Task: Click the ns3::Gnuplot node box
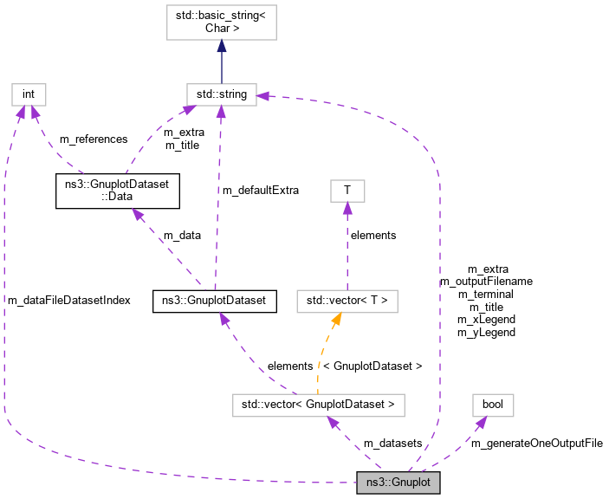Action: (398, 482)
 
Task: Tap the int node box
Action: (28, 94)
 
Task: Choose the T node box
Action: (347, 190)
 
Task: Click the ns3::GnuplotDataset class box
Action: (214, 301)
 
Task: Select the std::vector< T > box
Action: (347, 301)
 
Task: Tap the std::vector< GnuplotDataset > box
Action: (319, 404)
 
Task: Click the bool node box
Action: (493, 404)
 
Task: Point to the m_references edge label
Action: (94, 139)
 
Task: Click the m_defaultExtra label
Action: (262, 190)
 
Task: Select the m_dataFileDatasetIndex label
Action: (69, 300)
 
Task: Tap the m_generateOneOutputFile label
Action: (536, 443)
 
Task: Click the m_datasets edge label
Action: (392, 443)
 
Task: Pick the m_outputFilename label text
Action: (486, 282)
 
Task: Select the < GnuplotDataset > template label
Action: (372, 366)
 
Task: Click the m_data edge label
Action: (183, 235)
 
